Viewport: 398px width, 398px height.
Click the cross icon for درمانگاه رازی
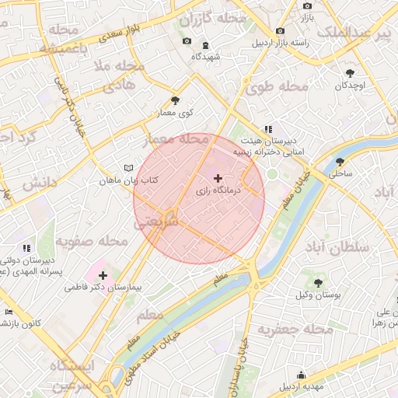tap(217, 179)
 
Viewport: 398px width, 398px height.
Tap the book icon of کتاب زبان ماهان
tap(128, 168)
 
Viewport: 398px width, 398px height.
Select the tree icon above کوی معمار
tap(174, 100)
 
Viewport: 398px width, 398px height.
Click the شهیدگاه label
tap(206, 57)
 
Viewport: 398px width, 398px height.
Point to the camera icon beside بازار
tap(307, 6)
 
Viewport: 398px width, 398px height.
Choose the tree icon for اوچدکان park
tap(350, 73)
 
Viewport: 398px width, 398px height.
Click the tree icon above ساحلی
tap(340, 162)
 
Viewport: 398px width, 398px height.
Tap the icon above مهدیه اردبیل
tap(301, 375)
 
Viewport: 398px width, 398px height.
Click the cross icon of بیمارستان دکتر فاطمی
tap(103, 274)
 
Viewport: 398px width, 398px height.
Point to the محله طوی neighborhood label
tap(272, 87)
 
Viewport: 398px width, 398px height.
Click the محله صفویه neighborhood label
tap(97, 242)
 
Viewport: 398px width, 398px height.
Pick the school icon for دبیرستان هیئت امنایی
tap(267, 129)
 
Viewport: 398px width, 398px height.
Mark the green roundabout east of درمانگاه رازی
tap(272, 173)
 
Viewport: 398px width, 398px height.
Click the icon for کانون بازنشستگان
tap(9, 312)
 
